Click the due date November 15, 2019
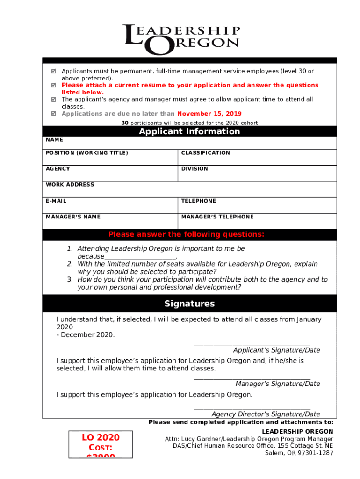tap(209, 114)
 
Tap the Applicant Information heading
tap(189, 131)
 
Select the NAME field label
tap(54, 140)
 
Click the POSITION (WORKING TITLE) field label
tap(86, 153)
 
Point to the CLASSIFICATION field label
tap(205, 153)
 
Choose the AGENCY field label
tap(58, 169)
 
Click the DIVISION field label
tap(194, 169)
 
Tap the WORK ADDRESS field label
tap(70, 185)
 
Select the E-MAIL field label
tap(56, 201)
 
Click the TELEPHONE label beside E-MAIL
tap(199, 201)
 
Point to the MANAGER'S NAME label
tap(73, 217)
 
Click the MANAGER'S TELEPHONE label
tap(217, 217)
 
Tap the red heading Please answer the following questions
tap(186, 234)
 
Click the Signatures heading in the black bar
tap(189, 304)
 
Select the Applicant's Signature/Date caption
tap(276, 350)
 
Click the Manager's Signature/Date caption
tap(278, 384)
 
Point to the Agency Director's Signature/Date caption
tap(266, 414)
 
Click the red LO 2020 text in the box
tap(101, 437)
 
